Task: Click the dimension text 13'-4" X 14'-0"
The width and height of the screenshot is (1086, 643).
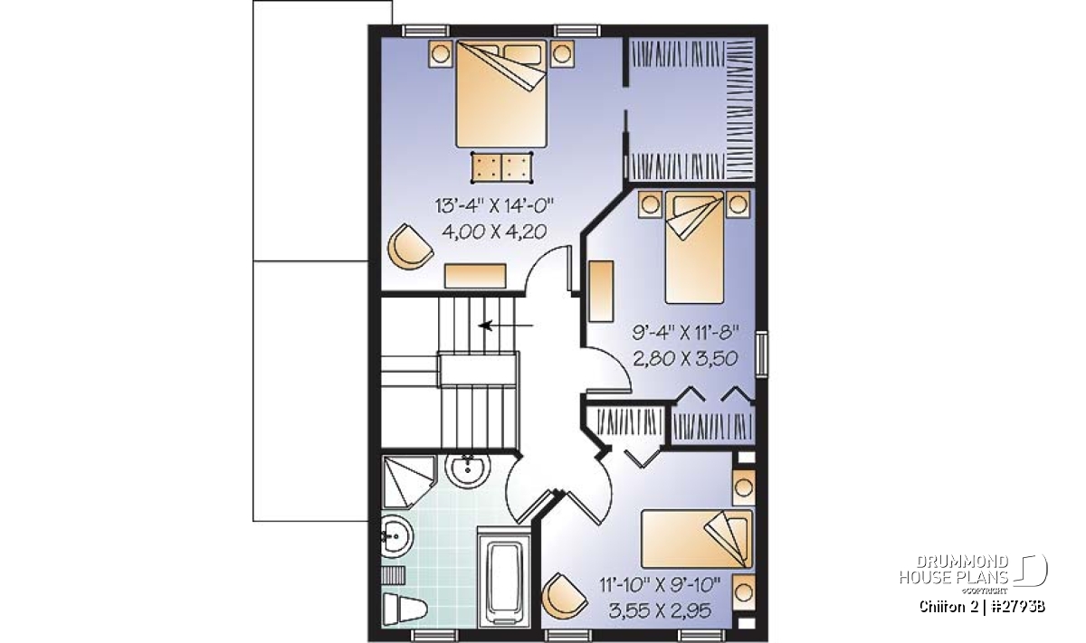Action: click(494, 206)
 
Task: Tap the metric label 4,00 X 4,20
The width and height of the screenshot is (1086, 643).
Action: click(494, 232)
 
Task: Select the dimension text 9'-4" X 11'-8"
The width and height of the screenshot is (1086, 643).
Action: click(686, 333)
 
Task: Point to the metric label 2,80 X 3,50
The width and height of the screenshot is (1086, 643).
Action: click(686, 358)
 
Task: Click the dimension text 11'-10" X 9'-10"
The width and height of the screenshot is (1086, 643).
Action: click(660, 585)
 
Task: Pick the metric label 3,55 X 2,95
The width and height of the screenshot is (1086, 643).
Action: click(660, 611)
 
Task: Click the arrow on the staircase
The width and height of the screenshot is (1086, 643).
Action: click(506, 326)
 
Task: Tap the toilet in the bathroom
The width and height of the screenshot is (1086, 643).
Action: click(405, 608)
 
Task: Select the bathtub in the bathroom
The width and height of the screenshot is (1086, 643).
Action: click(505, 578)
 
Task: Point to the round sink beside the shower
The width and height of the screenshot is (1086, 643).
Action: click(468, 470)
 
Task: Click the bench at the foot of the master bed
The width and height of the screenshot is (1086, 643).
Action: click(501, 167)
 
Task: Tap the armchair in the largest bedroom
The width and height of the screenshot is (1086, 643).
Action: click(410, 247)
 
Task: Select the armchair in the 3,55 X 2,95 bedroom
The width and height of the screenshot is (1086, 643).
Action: click(565, 597)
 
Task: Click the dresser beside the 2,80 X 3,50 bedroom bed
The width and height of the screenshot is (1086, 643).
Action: click(601, 290)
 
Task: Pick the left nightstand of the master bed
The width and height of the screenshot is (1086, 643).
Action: click(440, 53)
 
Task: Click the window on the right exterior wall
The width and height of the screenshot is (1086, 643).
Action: click(762, 354)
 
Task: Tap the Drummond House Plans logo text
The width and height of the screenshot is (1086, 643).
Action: click(954, 570)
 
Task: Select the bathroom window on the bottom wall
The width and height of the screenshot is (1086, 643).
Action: click(433, 635)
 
